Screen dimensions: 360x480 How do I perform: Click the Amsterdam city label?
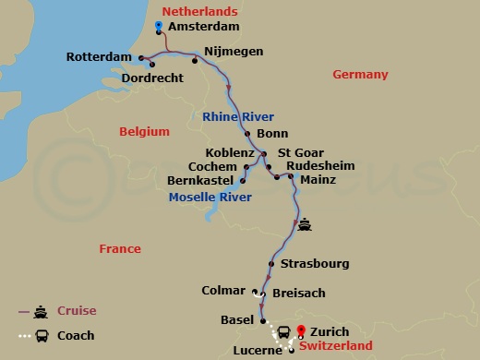(198, 29)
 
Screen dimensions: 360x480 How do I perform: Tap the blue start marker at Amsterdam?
(160, 25)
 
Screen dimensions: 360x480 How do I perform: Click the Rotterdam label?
(100, 57)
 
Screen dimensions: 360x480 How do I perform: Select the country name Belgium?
(145, 132)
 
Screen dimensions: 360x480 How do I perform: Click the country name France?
(120, 248)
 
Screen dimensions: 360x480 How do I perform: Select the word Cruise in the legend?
(77, 311)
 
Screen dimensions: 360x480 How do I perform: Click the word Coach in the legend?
(76, 335)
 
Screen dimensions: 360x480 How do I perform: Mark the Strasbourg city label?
(315, 263)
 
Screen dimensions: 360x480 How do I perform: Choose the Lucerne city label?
(257, 351)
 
